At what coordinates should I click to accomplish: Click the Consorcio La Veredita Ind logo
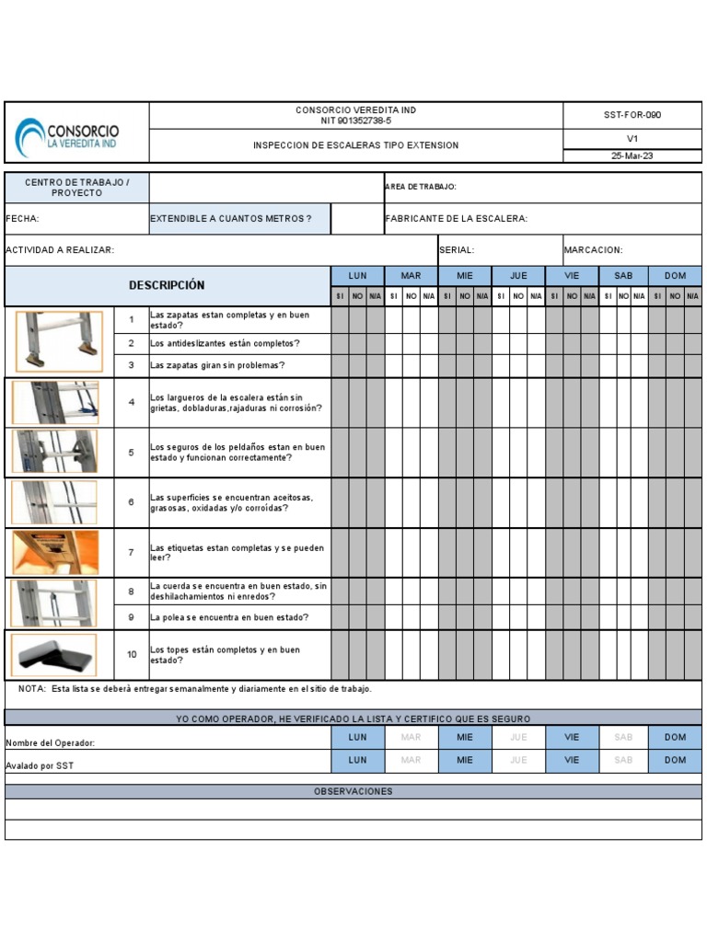[x=68, y=136]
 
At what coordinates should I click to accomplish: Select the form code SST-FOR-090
[x=632, y=115]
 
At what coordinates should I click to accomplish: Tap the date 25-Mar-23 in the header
[x=632, y=155]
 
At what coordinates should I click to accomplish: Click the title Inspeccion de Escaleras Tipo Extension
[x=355, y=145]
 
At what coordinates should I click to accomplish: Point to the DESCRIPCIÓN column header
[x=167, y=285]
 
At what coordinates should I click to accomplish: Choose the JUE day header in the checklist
[x=518, y=276]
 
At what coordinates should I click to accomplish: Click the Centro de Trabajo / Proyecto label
[x=76, y=188]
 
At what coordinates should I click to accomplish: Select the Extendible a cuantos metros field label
[x=231, y=219]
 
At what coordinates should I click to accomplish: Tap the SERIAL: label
[x=458, y=250]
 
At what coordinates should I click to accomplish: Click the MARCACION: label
[x=593, y=250]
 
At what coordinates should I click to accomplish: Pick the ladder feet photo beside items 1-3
[x=59, y=339]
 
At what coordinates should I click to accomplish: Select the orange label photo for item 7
[x=55, y=552]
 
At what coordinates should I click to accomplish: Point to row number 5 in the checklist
[x=131, y=453]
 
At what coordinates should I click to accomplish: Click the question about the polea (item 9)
[x=229, y=617]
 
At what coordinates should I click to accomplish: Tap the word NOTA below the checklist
[x=32, y=689]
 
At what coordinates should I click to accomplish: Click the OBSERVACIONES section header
[x=353, y=791]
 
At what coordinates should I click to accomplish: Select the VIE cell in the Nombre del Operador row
[x=572, y=737]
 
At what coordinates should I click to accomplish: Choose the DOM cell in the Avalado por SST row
[x=675, y=760]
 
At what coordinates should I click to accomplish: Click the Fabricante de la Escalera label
[x=456, y=219]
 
